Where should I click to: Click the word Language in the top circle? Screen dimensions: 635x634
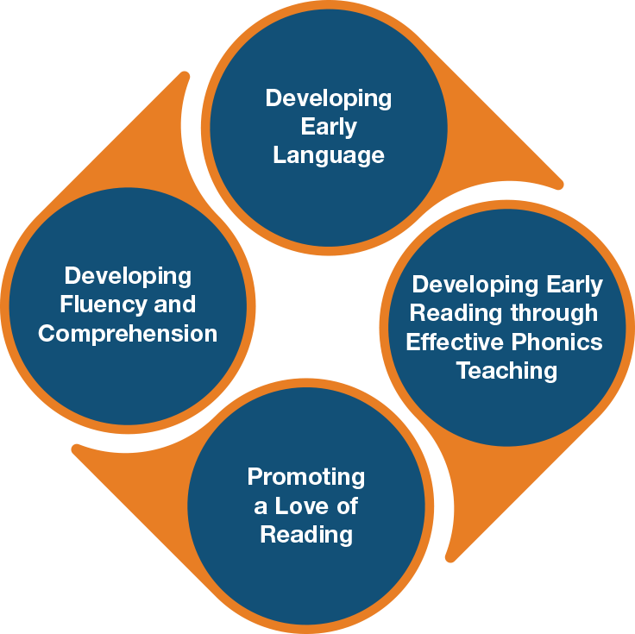click(328, 155)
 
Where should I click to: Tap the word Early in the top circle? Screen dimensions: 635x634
click(329, 127)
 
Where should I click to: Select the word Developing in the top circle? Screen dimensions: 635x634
click(328, 97)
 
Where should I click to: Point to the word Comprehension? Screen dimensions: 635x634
click(128, 334)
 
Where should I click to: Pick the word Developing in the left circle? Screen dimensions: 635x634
click(128, 276)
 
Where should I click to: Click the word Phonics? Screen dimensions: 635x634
click(556, 342)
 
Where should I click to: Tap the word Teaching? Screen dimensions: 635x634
click(506, 371)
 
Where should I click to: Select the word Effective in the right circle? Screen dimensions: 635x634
click(454, 342)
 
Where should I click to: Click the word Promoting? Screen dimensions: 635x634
click(306, 477)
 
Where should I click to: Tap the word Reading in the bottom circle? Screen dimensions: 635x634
click(306, 535)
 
